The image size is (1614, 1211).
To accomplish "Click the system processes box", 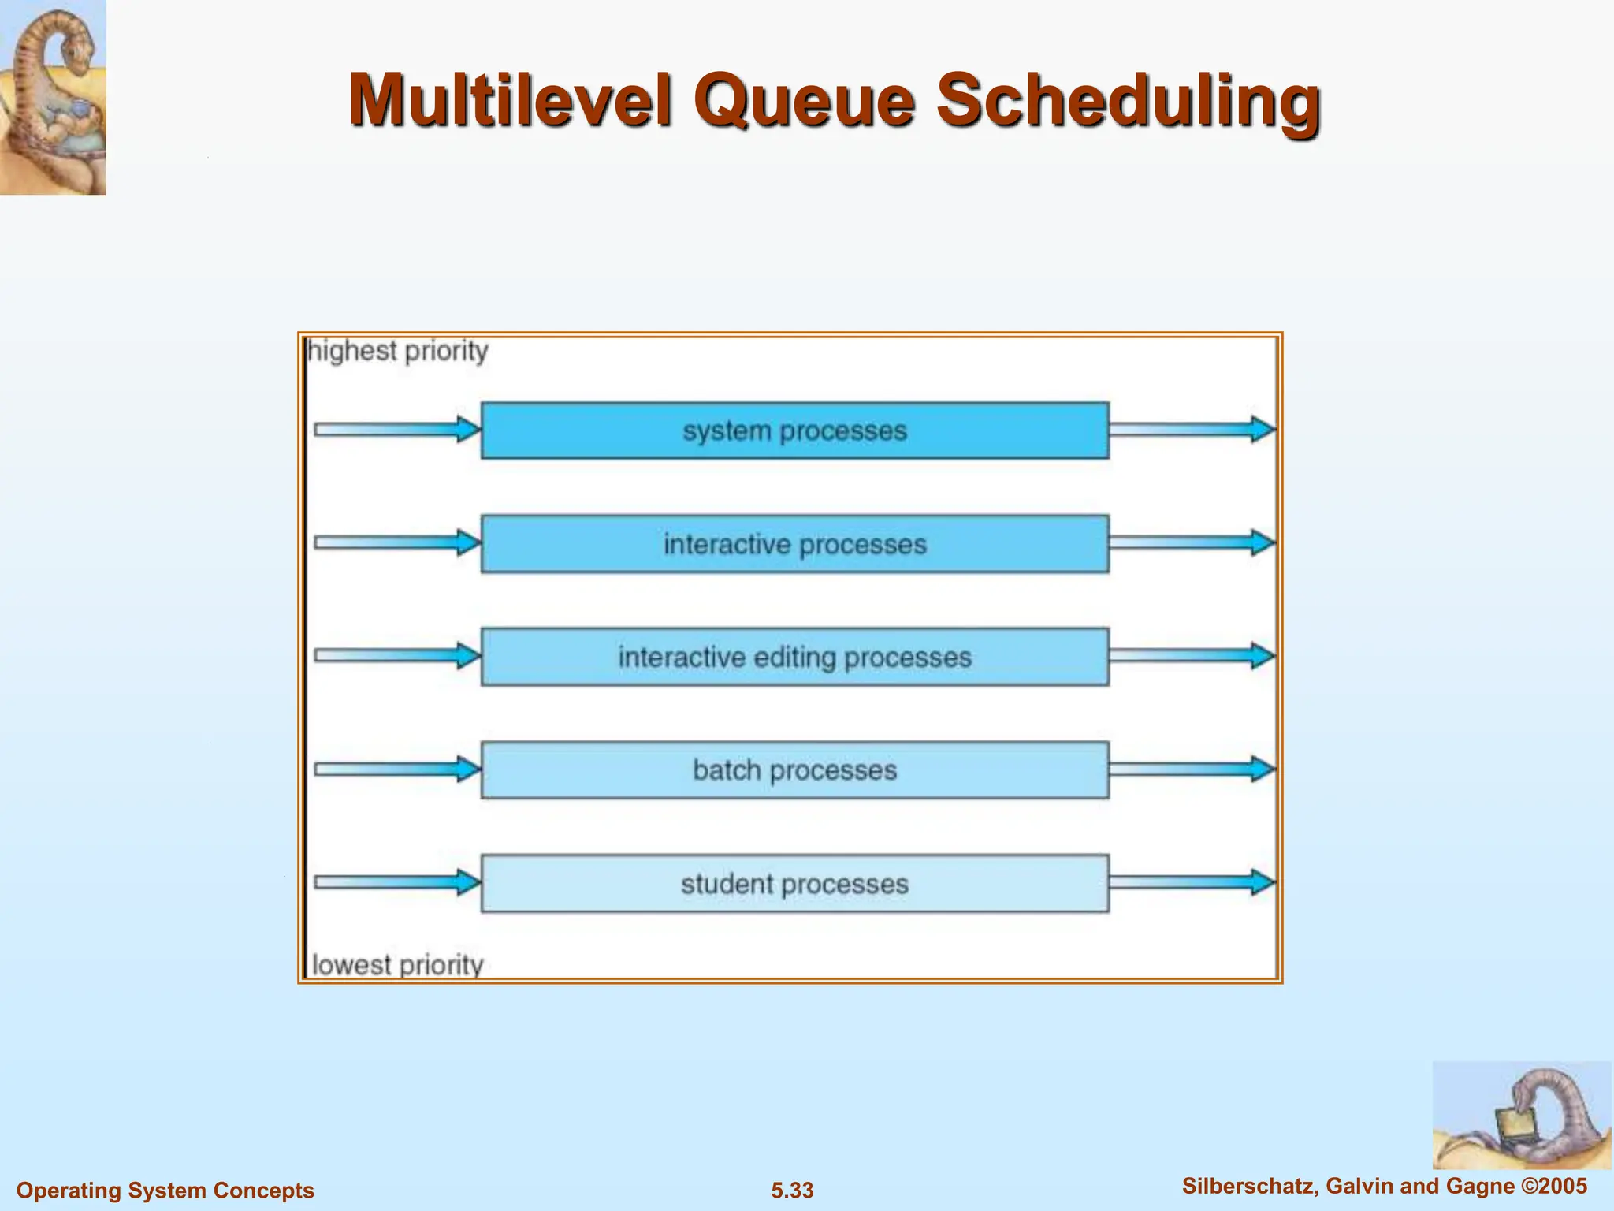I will [x=794, y=430].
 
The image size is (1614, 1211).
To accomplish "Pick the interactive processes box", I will [x=794, y=544].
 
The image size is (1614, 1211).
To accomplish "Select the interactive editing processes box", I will [x=794, y=657].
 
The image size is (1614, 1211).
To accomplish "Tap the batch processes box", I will [x=794, y=770].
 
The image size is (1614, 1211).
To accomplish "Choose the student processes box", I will [x=794, y=884].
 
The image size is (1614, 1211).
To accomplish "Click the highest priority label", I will [x=398, y=351].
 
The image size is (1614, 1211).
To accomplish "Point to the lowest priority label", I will [x=397, y=965].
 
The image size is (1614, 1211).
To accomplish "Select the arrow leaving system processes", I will [x=1192, y=430].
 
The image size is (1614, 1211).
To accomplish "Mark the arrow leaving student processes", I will [x=1192, y=882].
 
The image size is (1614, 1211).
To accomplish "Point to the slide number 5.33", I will [x=792, y=1191].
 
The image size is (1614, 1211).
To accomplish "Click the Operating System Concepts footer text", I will [x=165, y=1191].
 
